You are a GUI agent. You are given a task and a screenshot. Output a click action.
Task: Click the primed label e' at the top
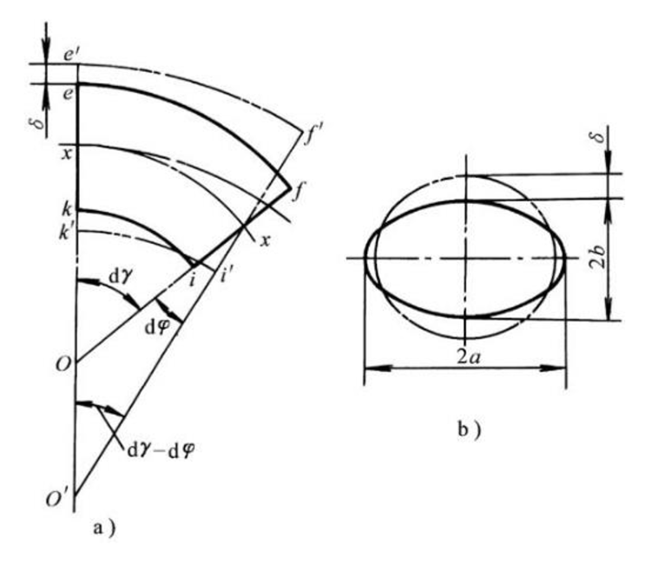pos(69,55)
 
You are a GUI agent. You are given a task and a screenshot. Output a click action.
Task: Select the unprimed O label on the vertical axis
pos(63,364)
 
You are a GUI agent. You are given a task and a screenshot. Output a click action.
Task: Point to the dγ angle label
pos(120,278)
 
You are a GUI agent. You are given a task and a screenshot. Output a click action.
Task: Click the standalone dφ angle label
pos(158,328)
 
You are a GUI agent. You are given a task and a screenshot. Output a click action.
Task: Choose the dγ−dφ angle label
pos(161,450)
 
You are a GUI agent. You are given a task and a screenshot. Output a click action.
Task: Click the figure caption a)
pos(104,528)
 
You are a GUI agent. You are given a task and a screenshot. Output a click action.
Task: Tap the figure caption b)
pos(469,430)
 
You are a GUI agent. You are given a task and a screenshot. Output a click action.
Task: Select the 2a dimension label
pos(468,357)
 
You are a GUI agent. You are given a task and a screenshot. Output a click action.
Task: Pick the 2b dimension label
pos(598,257)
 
